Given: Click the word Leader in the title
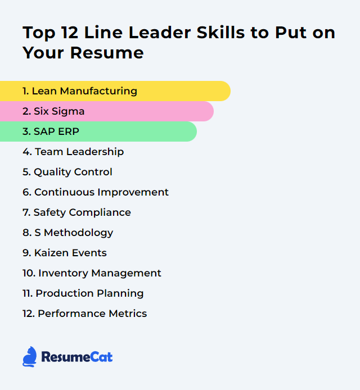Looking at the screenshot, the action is click(x=160, y=33).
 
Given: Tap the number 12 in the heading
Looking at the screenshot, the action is click(x=70, y=33).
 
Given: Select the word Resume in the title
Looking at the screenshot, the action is click(x=107, y=53).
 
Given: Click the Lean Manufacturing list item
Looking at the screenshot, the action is click(x=80, y=91).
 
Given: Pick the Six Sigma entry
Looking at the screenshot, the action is click(x=53, y=111).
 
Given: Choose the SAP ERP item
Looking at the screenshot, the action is click(x=51, y=131).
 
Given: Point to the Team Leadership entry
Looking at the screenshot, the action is click(x=73, y=152).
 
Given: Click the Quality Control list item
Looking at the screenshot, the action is click(x=67, y=172).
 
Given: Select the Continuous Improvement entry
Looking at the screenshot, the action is click(x=96, y=192).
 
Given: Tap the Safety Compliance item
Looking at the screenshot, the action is click(x=76, y=212).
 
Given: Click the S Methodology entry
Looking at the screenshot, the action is click(x=67, y=233).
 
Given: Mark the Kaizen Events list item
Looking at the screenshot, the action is click(x=65, y=253).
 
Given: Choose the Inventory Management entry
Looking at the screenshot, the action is click(x=92, y=273).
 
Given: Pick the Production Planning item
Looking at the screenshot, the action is click(x=83, y=293).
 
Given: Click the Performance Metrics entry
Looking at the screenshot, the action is click(x=84, y=314).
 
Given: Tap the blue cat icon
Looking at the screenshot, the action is click(x=30, y=357).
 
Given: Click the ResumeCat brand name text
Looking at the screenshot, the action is click(x=77, y=357).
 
